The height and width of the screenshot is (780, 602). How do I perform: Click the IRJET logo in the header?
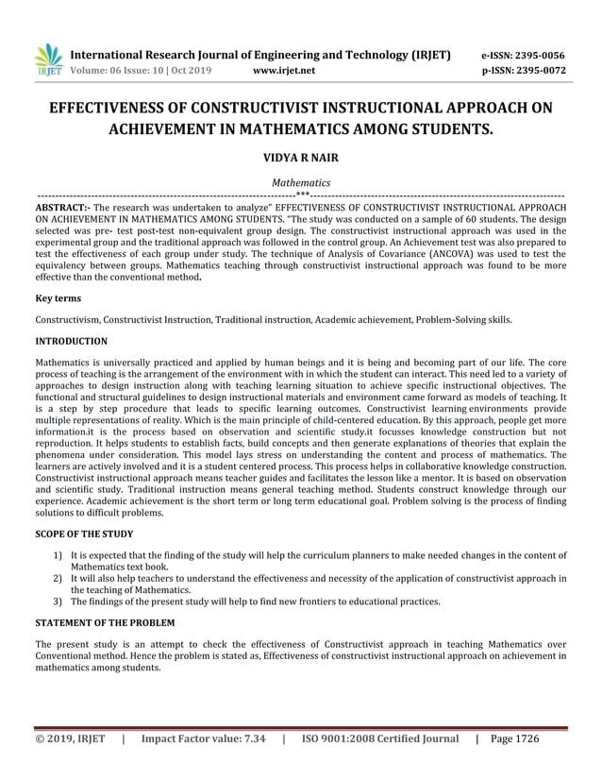pos(48,59)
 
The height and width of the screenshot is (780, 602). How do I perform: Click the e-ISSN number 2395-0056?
pos(524,55)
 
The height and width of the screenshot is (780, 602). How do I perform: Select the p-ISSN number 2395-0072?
pos(524,71)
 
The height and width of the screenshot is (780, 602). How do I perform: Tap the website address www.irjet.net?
pos(285,71)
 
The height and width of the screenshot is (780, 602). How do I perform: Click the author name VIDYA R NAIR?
pos(301,156)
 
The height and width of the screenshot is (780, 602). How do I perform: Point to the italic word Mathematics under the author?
pos(301,181)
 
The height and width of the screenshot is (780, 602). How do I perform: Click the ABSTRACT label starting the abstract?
pos(62,205)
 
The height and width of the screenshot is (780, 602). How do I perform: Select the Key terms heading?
pos(58,297)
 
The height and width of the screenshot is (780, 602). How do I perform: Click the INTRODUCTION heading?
pos(71,341)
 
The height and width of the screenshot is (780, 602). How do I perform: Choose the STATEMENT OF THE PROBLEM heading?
pos(105,622)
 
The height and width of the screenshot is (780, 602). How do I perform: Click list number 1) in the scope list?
pos(59,556)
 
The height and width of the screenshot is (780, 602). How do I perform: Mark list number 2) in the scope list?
pos(59,578)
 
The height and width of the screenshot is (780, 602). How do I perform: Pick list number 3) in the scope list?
pos(59,601)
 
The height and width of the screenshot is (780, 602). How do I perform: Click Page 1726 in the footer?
pos(514,739)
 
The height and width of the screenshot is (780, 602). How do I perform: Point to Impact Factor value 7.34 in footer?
pos(203,739)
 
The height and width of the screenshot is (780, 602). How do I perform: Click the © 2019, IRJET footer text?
pos(70,739)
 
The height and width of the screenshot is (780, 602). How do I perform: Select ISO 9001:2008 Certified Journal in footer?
pos(379,739)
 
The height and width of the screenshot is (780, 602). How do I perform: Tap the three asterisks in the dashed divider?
pos(302,194)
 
